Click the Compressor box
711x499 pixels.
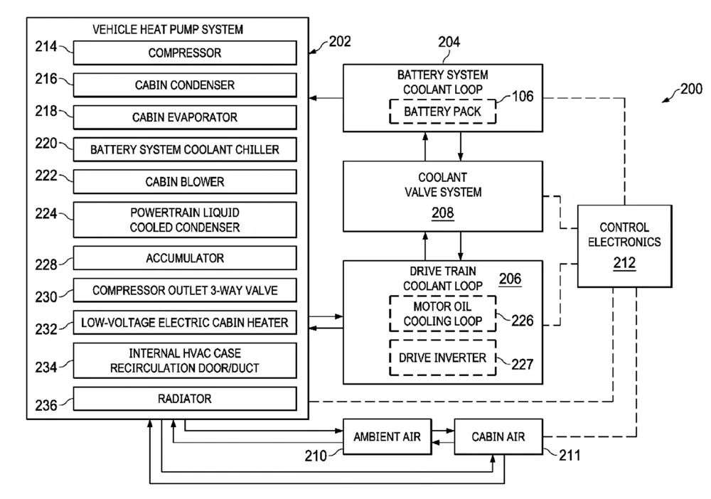click(185, 53)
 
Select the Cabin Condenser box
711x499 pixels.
click(185, 85)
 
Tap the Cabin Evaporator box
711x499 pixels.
click(185, 117)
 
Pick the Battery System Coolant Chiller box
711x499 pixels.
click(185, 149)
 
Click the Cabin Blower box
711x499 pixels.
click(185, 181)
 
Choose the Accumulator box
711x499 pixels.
click(185, 257)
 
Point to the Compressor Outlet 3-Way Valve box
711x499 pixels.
click(185, 290)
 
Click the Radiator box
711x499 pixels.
click(185, 399)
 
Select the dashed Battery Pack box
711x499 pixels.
click(442, 111)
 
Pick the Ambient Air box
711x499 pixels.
click(387, 436)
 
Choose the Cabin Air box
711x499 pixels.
click(498, 436)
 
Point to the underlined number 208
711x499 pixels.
click(442, 212)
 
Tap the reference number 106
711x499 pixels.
click(523, 96)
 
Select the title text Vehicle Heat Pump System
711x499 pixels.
click(168, 29)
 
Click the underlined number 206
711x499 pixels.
click(509, 279)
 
